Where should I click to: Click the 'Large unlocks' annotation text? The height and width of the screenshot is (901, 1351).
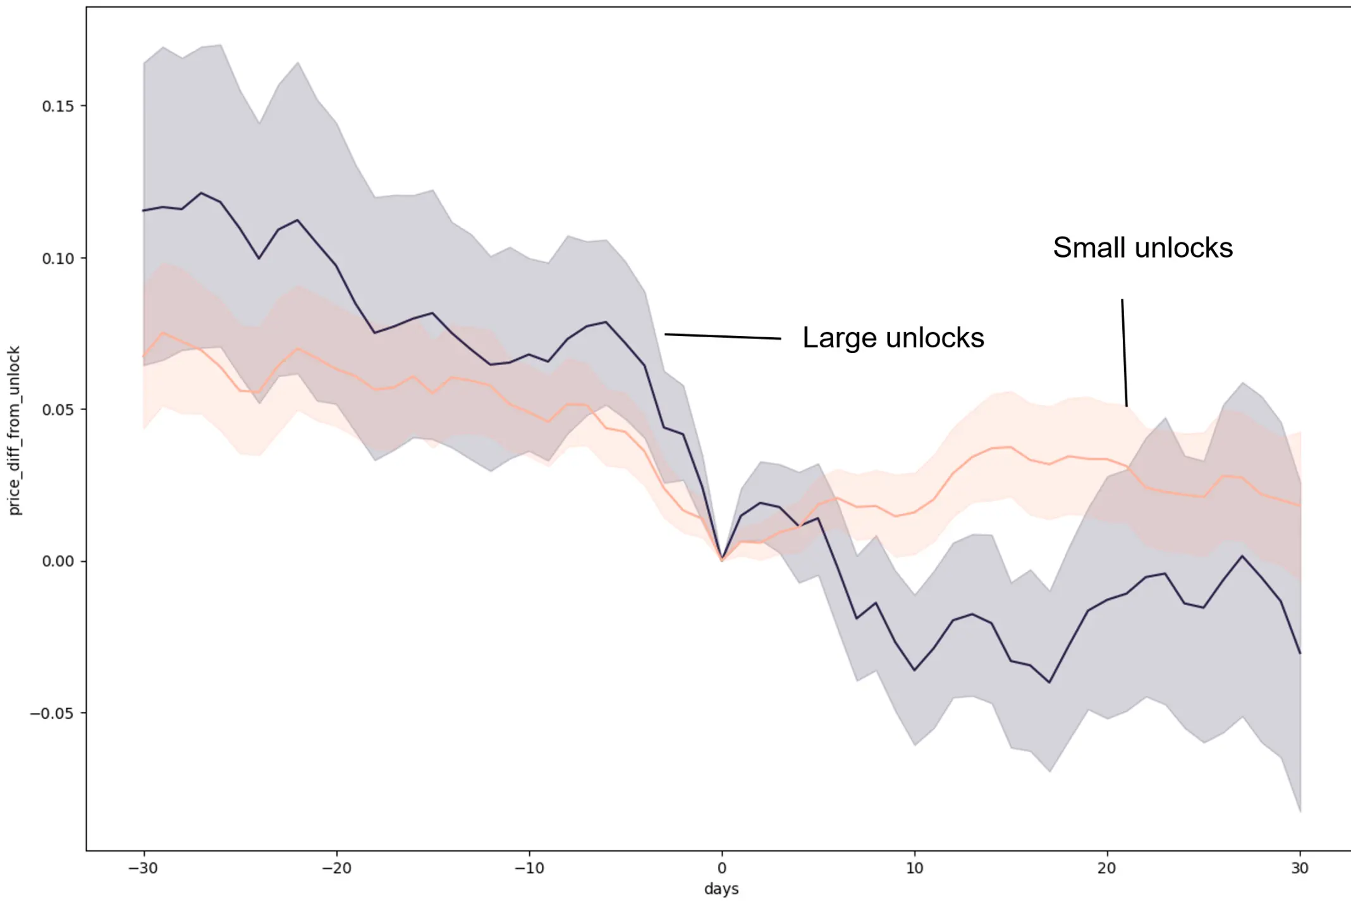pyautogui.click(x=893, y=338)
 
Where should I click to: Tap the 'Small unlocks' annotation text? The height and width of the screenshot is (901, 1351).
pyautogui.click(x=1142, y=247)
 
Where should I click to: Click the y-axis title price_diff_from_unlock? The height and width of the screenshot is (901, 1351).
pyautogui.click(x=14, y=430)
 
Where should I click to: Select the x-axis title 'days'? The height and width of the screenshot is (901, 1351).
pyautogui.click(x=721, y=888)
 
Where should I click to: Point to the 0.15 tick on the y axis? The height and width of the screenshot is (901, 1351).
pyautogui.click(x=58, y=106)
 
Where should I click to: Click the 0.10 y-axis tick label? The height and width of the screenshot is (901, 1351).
pyautogui.click(x=58, y=259)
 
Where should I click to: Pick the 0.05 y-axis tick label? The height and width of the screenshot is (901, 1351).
pyautogui.click(x=58, y=410)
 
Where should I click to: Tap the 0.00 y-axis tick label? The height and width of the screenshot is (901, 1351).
pyautogui.click(x=58, y=561)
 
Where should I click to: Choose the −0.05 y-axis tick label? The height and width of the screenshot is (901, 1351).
pyautogui.click(x=52, y=713)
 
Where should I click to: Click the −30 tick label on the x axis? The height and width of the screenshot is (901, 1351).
pyautogui.click(x=143, y=867)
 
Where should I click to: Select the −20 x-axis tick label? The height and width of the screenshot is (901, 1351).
pyautogui.click(x=336, y=867)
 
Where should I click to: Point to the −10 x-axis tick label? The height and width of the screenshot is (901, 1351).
pyautogui.click(x=529, y=867)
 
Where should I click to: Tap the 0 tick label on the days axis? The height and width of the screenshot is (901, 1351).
pyautogui.click(x=722, y=867)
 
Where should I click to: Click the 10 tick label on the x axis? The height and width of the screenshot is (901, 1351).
pyautogui.click(x=914, y=867)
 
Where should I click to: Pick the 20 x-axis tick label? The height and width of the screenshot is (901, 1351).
pyautogui.click(x=1107, y=867)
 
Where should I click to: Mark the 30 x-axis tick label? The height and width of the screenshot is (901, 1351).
pyautogui.click(x=1300, y=867)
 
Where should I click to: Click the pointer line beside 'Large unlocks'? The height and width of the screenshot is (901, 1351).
pyautogui.click(x=722, y=336)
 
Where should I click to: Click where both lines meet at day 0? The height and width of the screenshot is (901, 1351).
pyautogui.click(x=722, y=560)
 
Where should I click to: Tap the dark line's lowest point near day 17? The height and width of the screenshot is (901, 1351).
pyautogui.click(x=1049, y=683)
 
